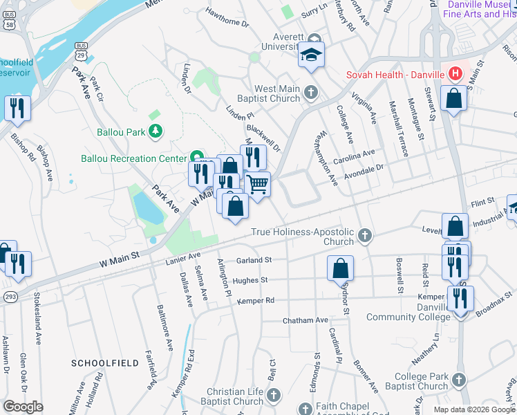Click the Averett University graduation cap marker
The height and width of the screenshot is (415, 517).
311,54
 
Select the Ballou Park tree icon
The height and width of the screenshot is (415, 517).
157,130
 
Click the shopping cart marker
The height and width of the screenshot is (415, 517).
256,185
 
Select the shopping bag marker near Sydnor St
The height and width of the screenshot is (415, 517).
340,268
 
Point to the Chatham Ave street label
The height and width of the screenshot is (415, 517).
305,320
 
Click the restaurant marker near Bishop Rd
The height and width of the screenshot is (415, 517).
17,108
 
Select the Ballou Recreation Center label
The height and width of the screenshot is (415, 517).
135,158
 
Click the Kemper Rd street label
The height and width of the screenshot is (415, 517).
256,301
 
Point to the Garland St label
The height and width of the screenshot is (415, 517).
254,260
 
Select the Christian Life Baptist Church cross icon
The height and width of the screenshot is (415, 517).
274,395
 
